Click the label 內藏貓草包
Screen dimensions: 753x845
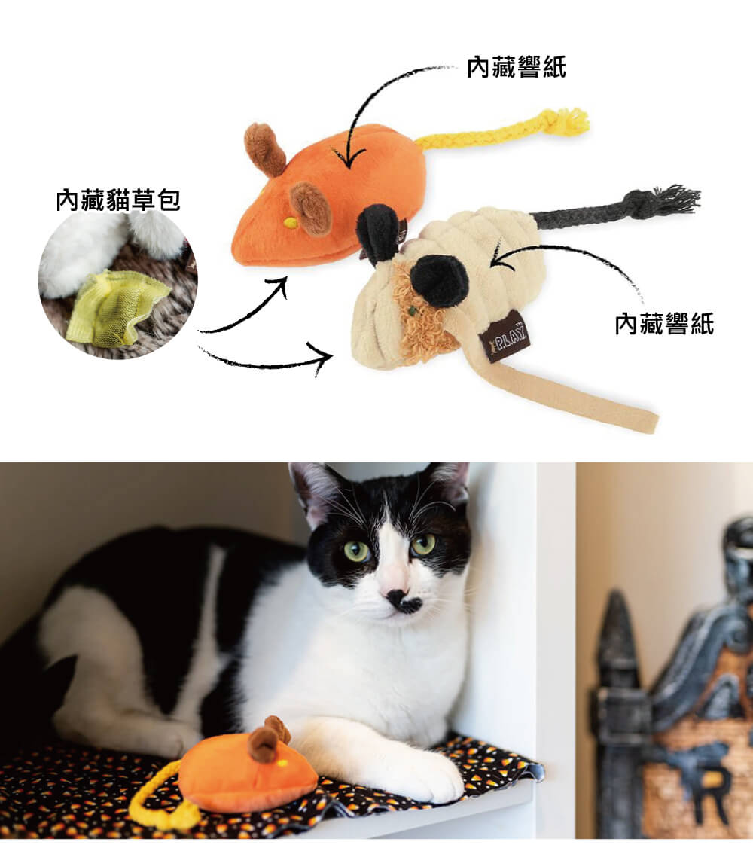118,200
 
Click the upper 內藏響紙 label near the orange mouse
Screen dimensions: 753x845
517,67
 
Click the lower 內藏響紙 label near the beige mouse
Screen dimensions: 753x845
665,324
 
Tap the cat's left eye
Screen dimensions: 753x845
357,551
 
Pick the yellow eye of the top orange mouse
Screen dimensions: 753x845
290,221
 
